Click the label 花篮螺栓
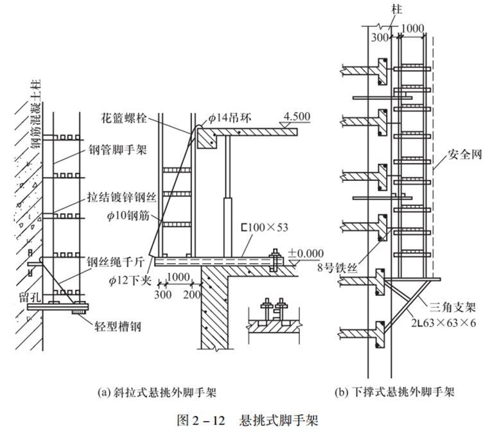(125, 119)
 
